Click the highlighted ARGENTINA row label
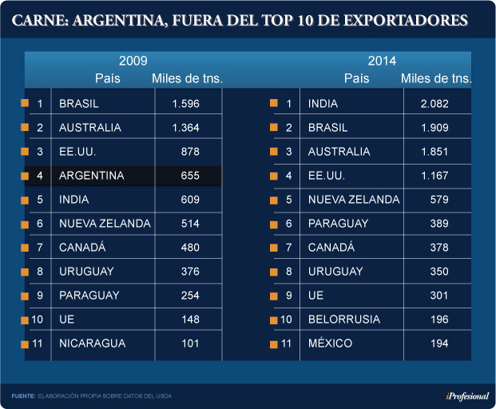[x=92, y=176]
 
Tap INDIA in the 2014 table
[x=323, y=104]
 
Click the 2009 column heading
[x=133, y=61]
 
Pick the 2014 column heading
[x=382, y=61]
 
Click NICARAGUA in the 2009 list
[x=93, y=343]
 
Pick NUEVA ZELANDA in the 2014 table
[x=354, y=200]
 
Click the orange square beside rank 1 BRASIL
[x=26, y=104]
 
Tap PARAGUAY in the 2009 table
[x=89, y=296]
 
